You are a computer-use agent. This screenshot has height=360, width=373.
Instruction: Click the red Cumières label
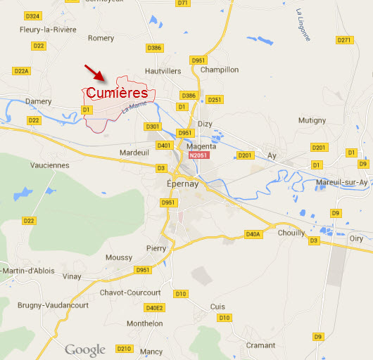point(116,93)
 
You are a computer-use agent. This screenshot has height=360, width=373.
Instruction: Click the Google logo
point(85,349)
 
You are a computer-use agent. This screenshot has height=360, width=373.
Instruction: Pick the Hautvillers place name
point(163,71)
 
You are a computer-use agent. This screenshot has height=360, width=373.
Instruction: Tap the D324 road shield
point(32,15)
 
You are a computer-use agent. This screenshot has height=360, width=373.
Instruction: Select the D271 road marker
point(343,40)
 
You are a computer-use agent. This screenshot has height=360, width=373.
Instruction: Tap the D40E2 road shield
point(154,308)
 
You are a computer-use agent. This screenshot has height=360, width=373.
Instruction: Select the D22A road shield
point(22,71)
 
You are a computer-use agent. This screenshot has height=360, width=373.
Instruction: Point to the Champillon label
point(220,70)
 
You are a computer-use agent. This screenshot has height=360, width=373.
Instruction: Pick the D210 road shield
point(124,348)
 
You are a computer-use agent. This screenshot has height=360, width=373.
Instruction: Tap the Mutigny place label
point(312,120)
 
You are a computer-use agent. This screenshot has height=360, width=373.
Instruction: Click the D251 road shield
point(215,100)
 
